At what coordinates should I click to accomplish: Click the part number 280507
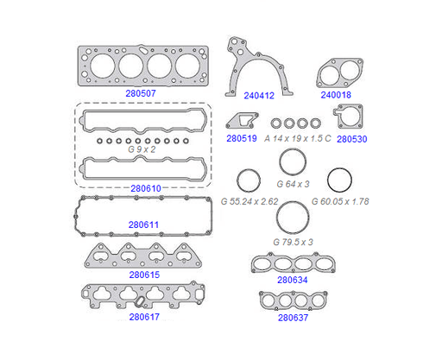(141, 93)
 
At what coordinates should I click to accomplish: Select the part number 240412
(259, 96)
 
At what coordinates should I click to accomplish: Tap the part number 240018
(336, 95)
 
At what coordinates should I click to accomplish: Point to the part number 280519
(242, 138)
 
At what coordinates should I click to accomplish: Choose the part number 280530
(352, 139)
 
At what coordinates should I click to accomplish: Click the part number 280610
(146, 188)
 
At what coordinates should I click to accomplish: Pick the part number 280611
(143, 224)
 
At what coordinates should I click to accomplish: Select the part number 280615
(144, 275)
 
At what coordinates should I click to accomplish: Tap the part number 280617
(144, 317)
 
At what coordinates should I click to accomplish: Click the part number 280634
(293, 280)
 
